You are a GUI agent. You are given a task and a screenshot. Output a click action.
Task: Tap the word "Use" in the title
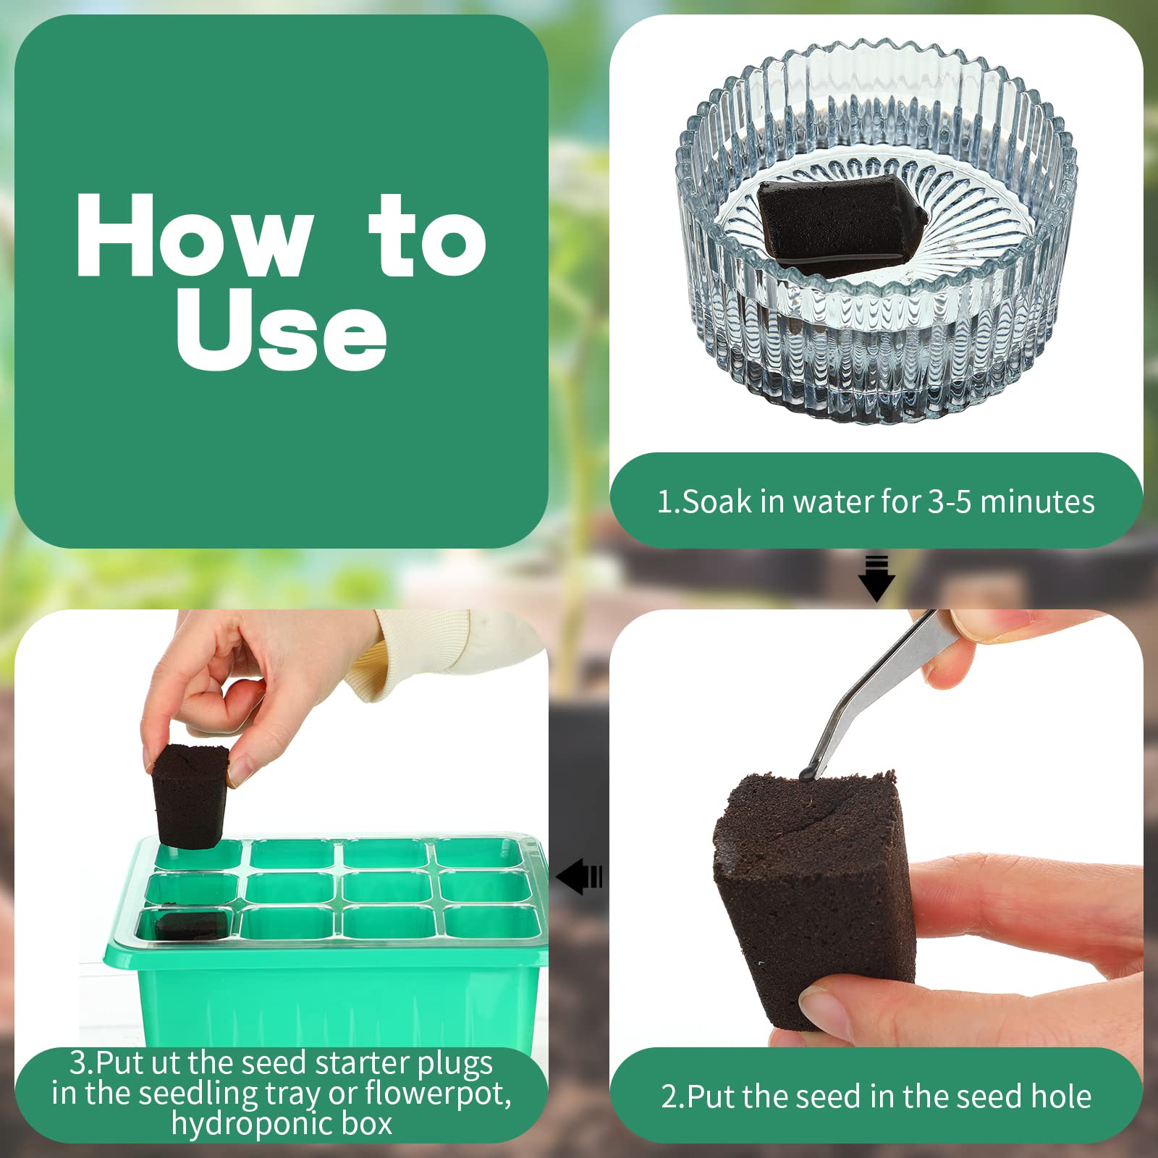[x=281, y=329]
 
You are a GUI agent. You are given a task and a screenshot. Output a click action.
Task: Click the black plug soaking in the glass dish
[x=840, y=224]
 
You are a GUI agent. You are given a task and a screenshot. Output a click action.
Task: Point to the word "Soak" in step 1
[x=717, y=502]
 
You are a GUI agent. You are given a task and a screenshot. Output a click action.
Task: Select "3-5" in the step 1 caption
[x=950, y=502]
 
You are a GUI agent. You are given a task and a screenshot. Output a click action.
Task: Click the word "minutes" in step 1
[x=1037, y=502]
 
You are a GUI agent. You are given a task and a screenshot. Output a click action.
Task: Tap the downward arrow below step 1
[x=876, y=578]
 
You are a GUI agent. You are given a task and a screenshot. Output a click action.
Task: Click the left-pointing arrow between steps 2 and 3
[x=579, y=876]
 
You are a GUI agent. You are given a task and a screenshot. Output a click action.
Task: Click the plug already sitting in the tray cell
[x=190, y=925]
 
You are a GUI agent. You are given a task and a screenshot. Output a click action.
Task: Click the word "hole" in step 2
[x=1061, y=1096]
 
